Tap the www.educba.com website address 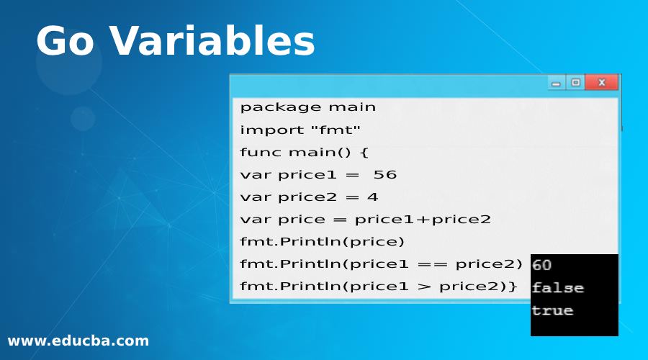[x=78, y=341]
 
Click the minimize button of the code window [x=556, y=84]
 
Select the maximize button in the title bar [x=575, y=83]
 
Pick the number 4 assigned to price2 [x=373, y=197]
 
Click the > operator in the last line [x=425, y=286]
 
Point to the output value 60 [x=541, y=265]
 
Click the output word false [x=557, y=288]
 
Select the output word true [x=552, y=310]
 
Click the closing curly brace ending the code [x=513, y=286]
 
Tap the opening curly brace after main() [x=364, y=152]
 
